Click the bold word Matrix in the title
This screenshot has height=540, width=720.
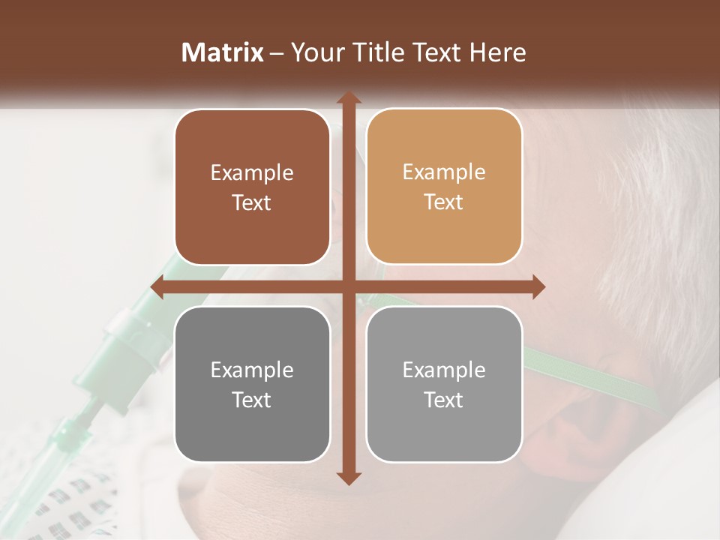tap(223, 52)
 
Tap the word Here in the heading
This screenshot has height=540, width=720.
tap(497, 52)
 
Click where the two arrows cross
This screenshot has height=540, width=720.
tap(348, 287)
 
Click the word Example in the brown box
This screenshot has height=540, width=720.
tap(252, 173)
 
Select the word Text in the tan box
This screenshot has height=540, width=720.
tap(444, 202)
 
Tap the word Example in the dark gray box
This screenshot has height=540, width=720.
tap(252, 370)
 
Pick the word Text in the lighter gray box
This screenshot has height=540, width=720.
tap(444, 400)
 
